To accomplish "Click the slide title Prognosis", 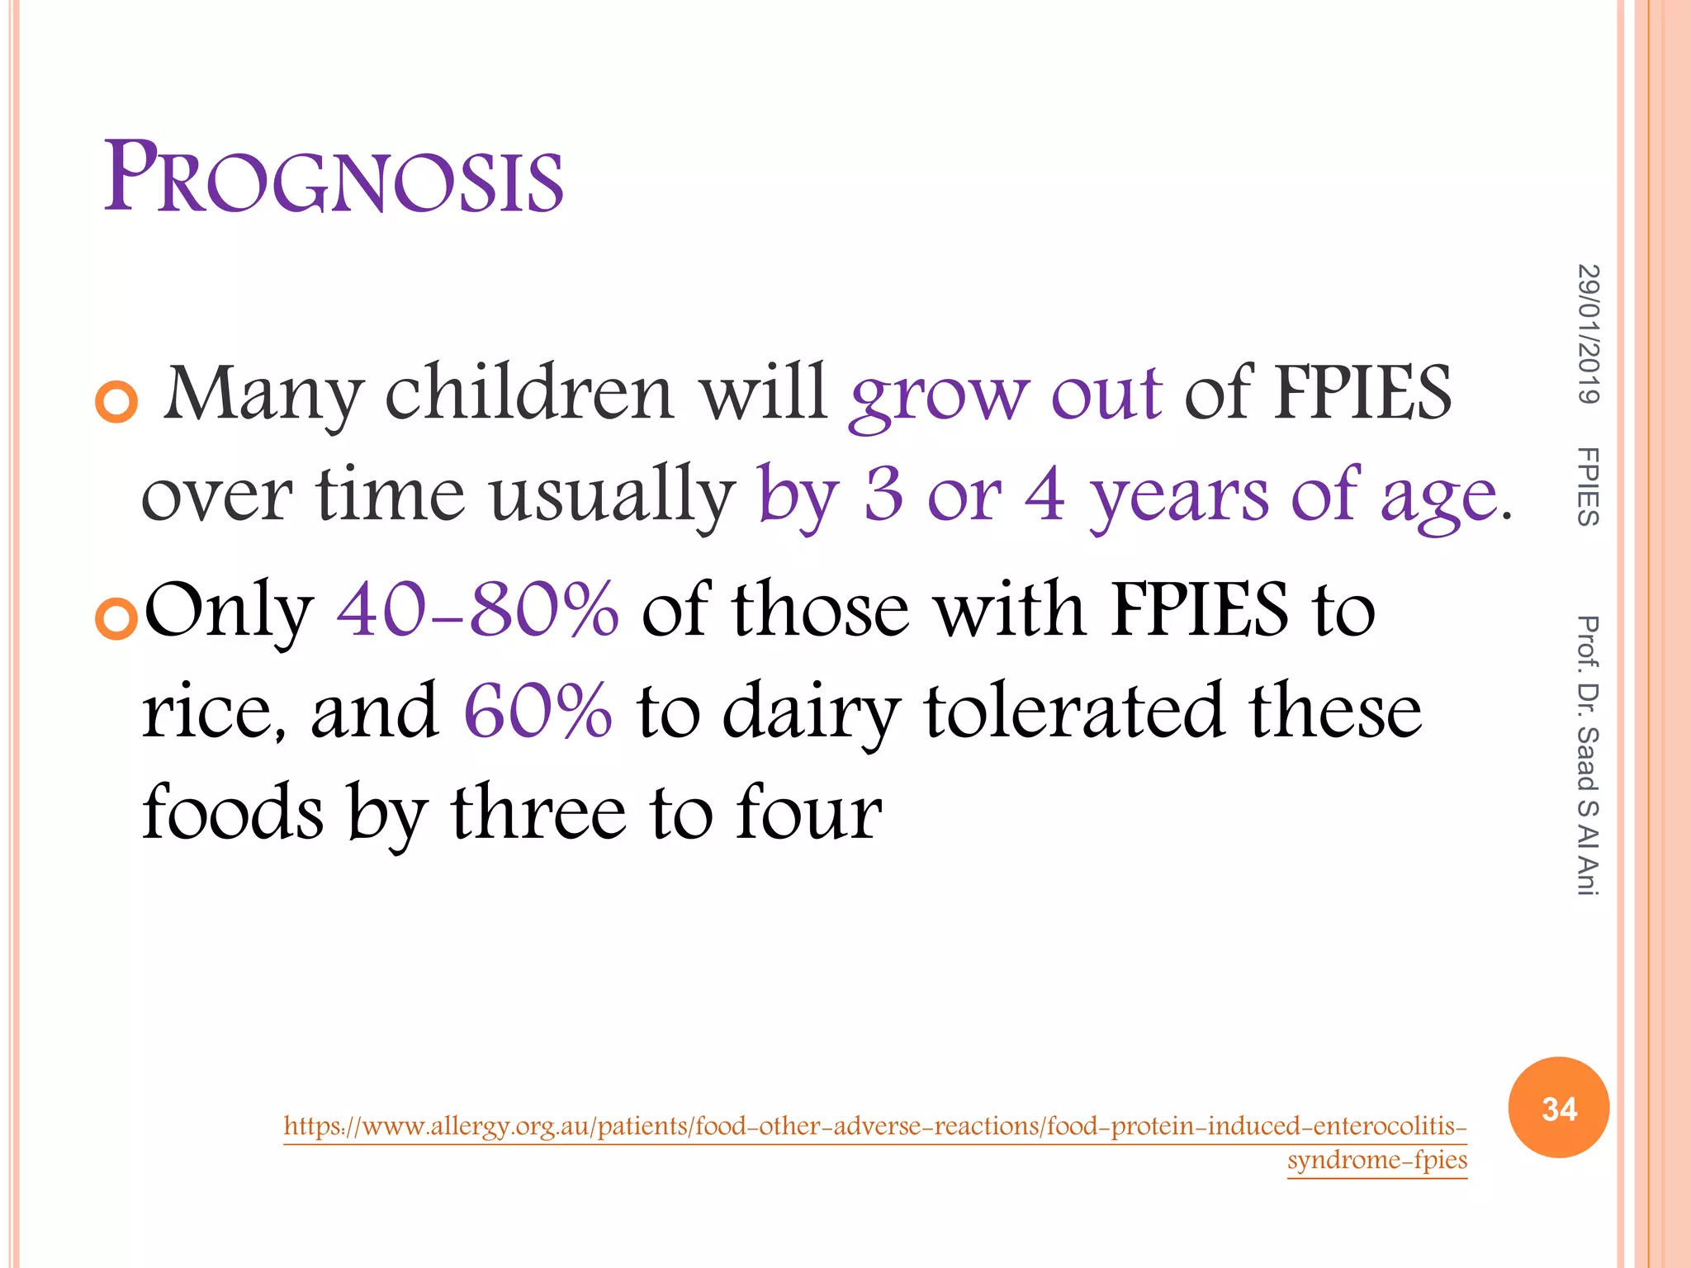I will (334, 177).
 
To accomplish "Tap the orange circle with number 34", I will (1558, 1107).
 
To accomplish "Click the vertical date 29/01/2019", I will (1587, 334).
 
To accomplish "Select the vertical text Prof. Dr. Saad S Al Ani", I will (1587, 755).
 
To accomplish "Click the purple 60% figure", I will (538, 711).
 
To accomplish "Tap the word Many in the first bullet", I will (263, 395).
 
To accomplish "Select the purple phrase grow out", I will (1006, 395).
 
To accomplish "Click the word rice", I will (213, 712).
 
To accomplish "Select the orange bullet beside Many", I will (116, 403).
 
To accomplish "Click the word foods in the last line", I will (233, 812).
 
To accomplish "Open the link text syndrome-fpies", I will (1376, 1160).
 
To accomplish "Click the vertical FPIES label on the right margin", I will (1587, 487).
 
